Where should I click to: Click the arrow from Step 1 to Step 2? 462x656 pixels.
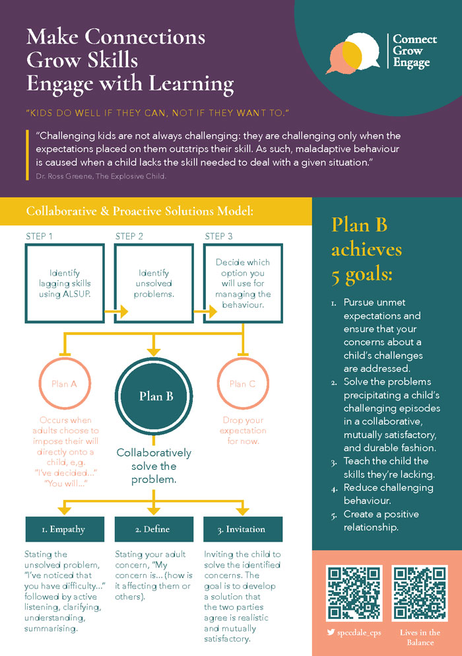point(116,312)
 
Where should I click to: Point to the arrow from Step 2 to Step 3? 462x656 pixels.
point(205,312)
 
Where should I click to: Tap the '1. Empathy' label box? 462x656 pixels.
point(65,529)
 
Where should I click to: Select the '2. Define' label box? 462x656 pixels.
point(154,529)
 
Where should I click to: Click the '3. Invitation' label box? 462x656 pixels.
point(243,529)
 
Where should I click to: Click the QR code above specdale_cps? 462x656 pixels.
point(354,593)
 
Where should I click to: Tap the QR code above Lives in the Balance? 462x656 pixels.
point(420,593)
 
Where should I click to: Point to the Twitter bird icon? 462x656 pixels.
point(331,632)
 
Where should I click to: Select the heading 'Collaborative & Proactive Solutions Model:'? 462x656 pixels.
point(140,211)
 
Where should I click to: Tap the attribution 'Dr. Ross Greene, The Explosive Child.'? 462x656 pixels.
point(101,176)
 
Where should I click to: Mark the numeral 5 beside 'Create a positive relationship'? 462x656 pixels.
point(334,516)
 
